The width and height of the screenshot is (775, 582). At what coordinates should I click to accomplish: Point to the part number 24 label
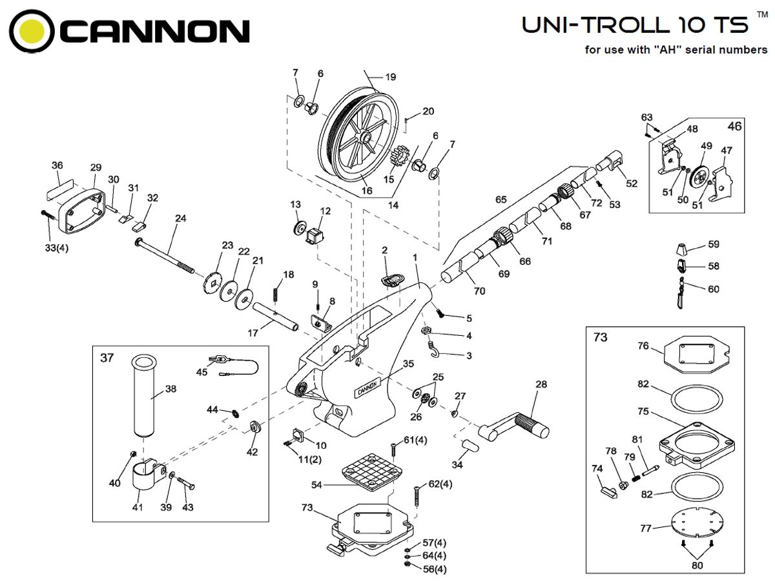[x=180, y=218]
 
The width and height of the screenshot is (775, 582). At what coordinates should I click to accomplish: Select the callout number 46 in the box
[x=735, y=126]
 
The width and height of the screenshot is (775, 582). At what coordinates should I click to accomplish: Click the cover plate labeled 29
[x=83, y=206]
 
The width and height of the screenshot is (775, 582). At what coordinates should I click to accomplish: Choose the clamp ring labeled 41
[x=145, y=477]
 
